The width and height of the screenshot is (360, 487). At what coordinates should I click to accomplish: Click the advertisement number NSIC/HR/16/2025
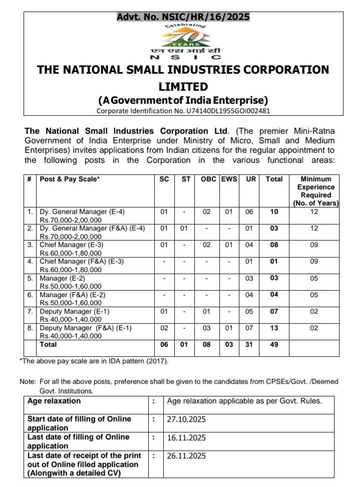[x=183, y=17]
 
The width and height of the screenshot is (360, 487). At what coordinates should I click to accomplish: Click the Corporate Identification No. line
[x=183, y=111]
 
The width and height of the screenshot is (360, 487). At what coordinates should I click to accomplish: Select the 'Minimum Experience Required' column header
[x=316, y=191]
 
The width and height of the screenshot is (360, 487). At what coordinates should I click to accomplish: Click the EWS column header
[x=229, y=179]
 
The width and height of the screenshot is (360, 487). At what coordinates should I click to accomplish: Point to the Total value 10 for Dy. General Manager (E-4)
[x=274, y=212]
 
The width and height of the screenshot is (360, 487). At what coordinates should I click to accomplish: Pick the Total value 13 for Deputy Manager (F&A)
[x=274, y=328]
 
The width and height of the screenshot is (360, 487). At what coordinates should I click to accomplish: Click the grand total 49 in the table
[x=274, y=345]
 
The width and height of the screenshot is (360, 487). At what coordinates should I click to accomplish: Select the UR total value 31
[x=249, y=345]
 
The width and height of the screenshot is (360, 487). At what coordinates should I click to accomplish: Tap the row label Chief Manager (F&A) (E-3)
[x=82, y=262]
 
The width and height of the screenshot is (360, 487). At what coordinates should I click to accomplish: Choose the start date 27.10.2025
[x=186, y=419]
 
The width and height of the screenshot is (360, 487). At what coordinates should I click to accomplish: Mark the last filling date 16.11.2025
[x=186, y=437]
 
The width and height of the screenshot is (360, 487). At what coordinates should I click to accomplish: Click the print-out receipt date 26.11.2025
[x=186, y=456]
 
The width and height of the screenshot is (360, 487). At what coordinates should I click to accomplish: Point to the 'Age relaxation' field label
[x=54, y=401]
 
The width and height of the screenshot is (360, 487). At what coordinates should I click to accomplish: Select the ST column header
[x=186, y=179]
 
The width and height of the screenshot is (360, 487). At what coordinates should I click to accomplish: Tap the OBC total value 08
[x=208, y=345]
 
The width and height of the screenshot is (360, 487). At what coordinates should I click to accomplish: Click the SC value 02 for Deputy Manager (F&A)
[x=164, y=328]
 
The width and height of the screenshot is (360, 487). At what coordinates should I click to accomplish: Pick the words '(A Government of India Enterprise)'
[x=183, y=99]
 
